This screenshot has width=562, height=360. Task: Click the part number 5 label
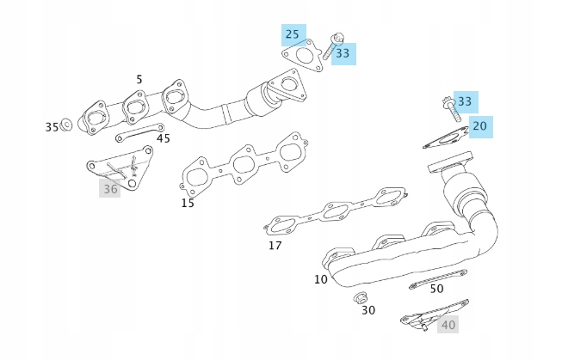(x=139, y=79)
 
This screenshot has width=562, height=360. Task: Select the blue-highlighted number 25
(x=293, y=35)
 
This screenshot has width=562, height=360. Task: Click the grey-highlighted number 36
(x=109, y=188)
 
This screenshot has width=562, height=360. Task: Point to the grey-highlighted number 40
(x=448, y=325)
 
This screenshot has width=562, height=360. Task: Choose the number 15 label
(x=188, y=204)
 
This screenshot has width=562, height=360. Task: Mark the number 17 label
(x=275, y=246)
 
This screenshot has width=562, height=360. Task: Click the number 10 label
(x=320, y=278)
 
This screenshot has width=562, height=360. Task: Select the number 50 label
(x=436, y=289)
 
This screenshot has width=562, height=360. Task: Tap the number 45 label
(x=163, y=138)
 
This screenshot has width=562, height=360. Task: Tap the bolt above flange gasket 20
(x=449, y=110)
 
